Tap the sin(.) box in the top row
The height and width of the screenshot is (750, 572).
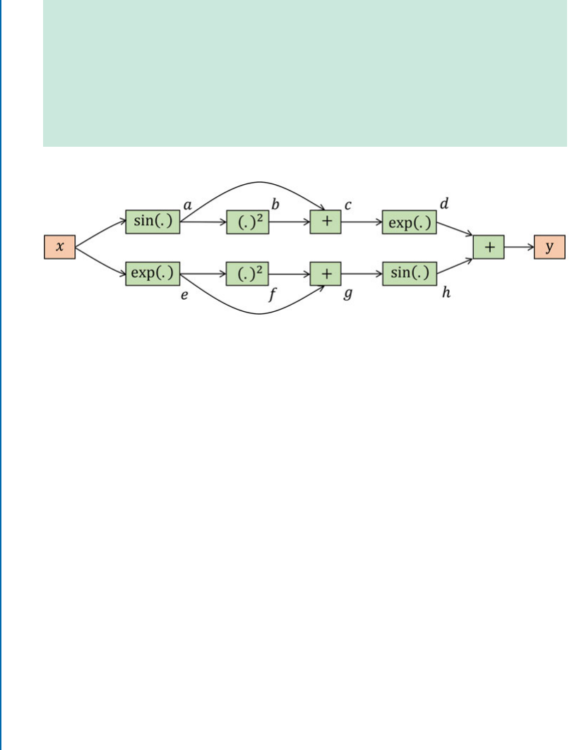153,222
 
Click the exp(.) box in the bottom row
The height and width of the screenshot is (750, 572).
153,273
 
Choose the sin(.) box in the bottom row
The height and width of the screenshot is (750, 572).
409,273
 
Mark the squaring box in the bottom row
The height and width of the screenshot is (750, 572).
248,273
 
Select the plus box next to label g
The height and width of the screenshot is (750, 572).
326,273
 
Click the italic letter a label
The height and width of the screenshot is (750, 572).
188,204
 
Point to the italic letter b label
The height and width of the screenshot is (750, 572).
276,205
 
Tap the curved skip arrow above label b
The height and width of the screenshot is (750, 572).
254,184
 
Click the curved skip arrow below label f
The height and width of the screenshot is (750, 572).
254,312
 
